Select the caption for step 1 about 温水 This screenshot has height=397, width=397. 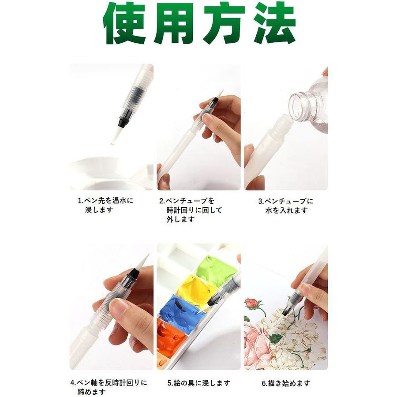(x=105, y=205)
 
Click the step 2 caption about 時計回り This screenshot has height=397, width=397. (x=191, y=210)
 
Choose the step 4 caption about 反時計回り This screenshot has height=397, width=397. (x=109, y=387)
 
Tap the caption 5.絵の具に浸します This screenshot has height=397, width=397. (x=199, y=383)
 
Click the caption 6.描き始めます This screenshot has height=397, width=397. (x=286, y=383)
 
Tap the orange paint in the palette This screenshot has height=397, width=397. (x=170, y=337)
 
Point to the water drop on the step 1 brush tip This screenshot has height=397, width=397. (x=112, y=144)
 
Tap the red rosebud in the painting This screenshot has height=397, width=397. (x=252, y=302)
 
